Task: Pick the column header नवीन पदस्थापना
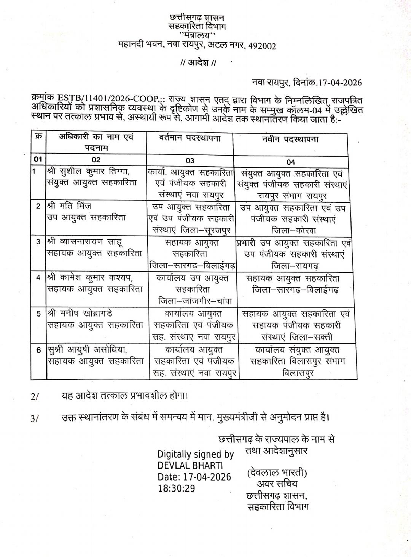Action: pyautogui.click(x=291, y=139)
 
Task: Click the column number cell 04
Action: pyautogui.click(x=291, y=162)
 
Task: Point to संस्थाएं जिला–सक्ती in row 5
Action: pyautogui.click(x=297, y=337)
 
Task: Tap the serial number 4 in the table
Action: pyautogui.click(x=38, y=277)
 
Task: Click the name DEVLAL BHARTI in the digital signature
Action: pyautogui.click(x=190, y=466)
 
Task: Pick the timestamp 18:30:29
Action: pyautogui.click(x=176, y=488)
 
